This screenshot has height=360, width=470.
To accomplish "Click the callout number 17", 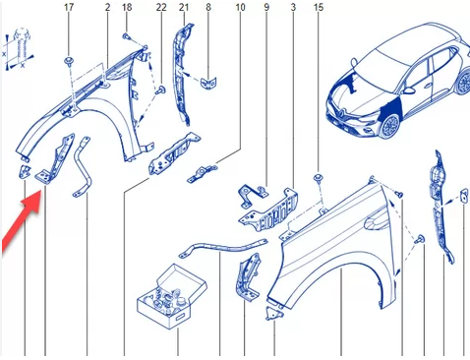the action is coord(69,7).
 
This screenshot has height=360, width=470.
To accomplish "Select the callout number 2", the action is coord(108,7).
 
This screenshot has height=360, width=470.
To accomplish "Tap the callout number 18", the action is coord(127,7).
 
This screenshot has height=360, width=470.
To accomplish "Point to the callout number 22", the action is coord(161,7).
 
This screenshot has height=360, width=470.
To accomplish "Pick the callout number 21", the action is coord(184,7).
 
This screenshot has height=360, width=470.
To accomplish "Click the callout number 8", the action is coord(208,7).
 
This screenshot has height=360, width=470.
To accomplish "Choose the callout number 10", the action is coord(240,7).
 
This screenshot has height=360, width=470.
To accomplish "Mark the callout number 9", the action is coord(266,7).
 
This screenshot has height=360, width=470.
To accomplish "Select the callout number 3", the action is coord(293,7).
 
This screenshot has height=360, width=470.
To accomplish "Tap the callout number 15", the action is coord(319,7).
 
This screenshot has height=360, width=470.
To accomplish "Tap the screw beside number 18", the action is coord(126,35).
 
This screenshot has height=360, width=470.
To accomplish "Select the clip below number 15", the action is coord(318,178).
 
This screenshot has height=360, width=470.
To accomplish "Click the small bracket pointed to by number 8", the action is coord(208,82).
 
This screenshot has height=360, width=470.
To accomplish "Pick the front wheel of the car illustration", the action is coord(390,126).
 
